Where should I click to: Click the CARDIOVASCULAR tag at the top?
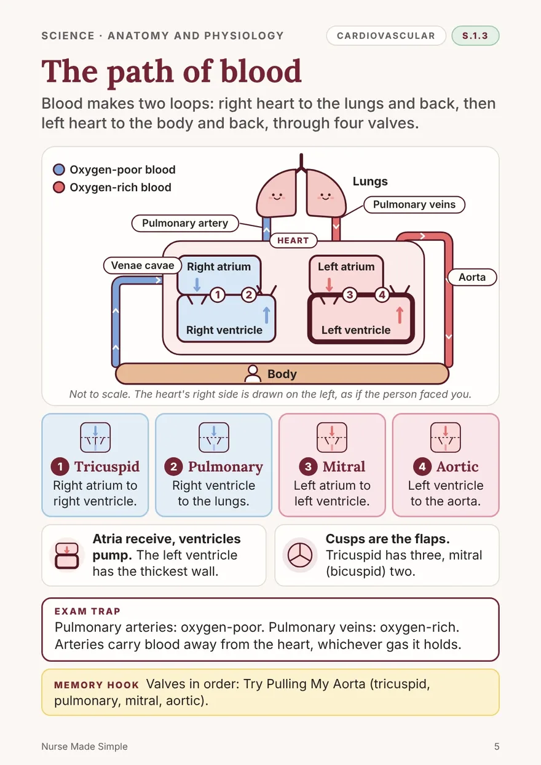pyautogui.click(x=386, y=36)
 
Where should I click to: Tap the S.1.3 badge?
pyautogui.click(x=475, y=36)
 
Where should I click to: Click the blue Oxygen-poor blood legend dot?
pyautogui.click(x=59, y=170)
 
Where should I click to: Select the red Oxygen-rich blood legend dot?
pyautogui.click(x=59, y=187)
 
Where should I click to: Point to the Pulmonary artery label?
pyautogui.click(x=185, y=223)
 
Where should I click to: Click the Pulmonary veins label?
pyautogui.click(x=414, y=204)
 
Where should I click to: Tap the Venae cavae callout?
pyautogui.click(x=143, y=265)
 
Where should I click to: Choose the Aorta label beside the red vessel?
pyautogui.click(x=472, y=277)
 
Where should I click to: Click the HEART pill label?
pyautogui.click(x=293, y=240)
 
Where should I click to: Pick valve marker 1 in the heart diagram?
pyautogui.click(x=218, y=294)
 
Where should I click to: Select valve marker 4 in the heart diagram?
pyautogui.click(x=382, y=294)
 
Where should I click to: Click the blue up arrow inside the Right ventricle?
pyautogui.click(x=267, y=315)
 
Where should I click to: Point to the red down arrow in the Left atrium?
pyautogui.click(x=329, y=284)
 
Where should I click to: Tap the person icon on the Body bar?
pyautogui.click(x=253, y=374)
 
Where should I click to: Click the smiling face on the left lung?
pyautogui.click(x=277, y=197)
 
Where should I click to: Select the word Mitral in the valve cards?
pyautogui.click(x=344, y=466)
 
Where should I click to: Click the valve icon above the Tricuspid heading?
pyautogui.click(x=95, y=437)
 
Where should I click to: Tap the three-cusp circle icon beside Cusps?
pyautogui.click(x=300, y=555)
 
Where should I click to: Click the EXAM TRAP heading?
pyautogui.click(x=87, y=611)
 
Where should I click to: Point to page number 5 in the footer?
pyautogui.click(x=497, y=746)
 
